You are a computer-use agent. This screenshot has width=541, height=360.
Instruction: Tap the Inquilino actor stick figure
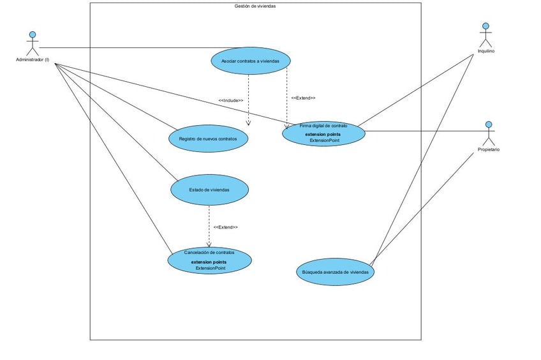pyautogui.click(x=485, y=36)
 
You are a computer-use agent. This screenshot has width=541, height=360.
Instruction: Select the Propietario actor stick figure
pyautogui.click(x=489, y=133)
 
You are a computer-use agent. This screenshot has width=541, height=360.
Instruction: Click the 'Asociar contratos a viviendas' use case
pyautogui.click(x=251, y=61)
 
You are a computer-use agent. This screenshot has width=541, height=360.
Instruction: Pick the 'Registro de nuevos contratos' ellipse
pyautogui.click(x=207, y=139)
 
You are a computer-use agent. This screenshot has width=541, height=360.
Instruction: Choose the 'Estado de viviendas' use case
pyautogui.click(x=209, y=190)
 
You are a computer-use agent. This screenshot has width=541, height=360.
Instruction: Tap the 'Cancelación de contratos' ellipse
pyautogui.click(x=209, y=260)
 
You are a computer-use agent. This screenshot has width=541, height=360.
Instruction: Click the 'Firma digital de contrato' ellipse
pyautogui.click(x=323, y=133)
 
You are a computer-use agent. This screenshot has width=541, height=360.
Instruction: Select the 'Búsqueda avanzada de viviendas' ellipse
pyautogui.click(x=335, y=272)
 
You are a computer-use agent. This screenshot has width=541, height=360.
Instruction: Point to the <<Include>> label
pyautogui.click(x=230, y=100)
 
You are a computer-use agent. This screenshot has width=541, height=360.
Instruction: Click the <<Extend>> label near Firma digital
pyautogui.click(x=303, y=98)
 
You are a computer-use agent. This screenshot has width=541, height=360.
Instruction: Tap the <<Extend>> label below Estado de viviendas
pyautogui.click(x=225, y=227)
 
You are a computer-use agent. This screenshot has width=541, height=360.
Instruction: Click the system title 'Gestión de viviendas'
pyautogui.click(x=255, y=6)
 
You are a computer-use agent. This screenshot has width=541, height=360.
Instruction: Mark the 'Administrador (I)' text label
pyautogui.click(x=33, y=60)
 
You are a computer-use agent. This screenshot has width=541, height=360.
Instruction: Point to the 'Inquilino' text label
pyautogui.click(x=485, y=51)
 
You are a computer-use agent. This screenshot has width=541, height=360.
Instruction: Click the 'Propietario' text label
pyautogui.click(x=489, y=149)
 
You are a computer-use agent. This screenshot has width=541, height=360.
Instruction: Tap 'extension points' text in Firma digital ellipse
pyautogui.click(x=322, y=135)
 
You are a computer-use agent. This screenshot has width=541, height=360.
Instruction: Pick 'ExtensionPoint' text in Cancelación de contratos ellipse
pyautogui.click(x=210, y=268)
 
